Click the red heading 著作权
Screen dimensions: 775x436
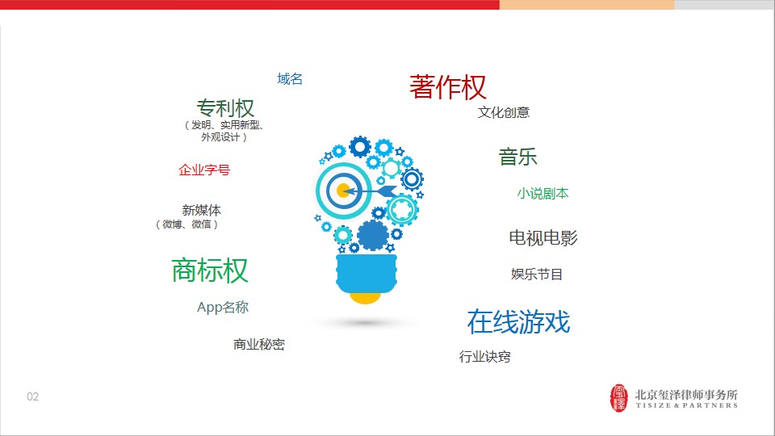448,87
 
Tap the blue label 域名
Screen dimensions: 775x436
290,78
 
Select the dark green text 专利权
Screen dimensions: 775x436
225,107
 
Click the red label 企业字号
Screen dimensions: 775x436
204,170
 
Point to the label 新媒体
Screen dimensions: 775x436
202,210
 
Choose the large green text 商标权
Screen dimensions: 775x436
210,270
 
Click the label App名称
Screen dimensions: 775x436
223,307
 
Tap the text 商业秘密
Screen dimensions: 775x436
259,344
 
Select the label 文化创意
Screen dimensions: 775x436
504,112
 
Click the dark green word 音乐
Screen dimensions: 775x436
517,157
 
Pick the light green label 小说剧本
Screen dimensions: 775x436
542,193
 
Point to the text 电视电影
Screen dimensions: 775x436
543,237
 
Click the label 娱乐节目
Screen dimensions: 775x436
537,274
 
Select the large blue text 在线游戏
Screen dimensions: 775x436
518,322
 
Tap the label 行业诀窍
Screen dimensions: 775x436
485,356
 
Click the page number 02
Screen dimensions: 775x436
32,396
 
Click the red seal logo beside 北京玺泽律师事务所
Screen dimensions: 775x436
619,398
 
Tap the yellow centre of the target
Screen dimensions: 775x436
343,191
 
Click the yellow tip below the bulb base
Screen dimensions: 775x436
365,298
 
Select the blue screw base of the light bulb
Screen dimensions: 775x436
367,274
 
